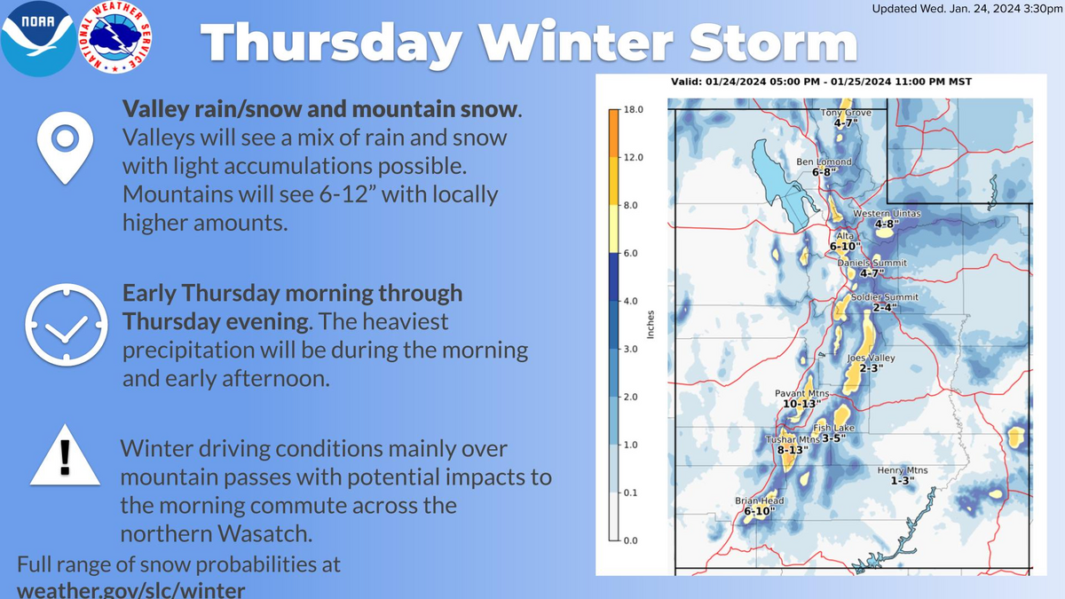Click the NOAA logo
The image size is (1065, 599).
click(x=38, y=38)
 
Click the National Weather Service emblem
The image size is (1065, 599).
click(x=115, y=37)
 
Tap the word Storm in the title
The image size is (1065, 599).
click(x=774, y=43)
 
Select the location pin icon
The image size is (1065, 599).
click(x=65, y=148)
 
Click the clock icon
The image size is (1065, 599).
click(x=66, y=325)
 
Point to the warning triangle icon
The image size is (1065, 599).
click(x=65, y=455)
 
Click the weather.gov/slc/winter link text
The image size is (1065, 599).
click(x=131, y=590)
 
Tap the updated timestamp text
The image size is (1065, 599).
click(x=967, y=9)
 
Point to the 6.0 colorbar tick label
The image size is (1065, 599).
click(x=630, y=253)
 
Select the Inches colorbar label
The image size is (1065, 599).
click(x=651, y=325)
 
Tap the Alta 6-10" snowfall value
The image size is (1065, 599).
click(x=845, y=247)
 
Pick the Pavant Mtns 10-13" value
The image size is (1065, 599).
click(x=801, y=404)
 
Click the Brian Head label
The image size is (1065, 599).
click(x=760, y=500)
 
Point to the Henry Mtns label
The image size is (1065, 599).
click(x=903, y=470)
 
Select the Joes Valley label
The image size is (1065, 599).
click(x=871, y=358)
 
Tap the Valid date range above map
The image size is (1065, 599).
click(x=821, y=82)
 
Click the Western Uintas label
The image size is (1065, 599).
click(x=887, y=214)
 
